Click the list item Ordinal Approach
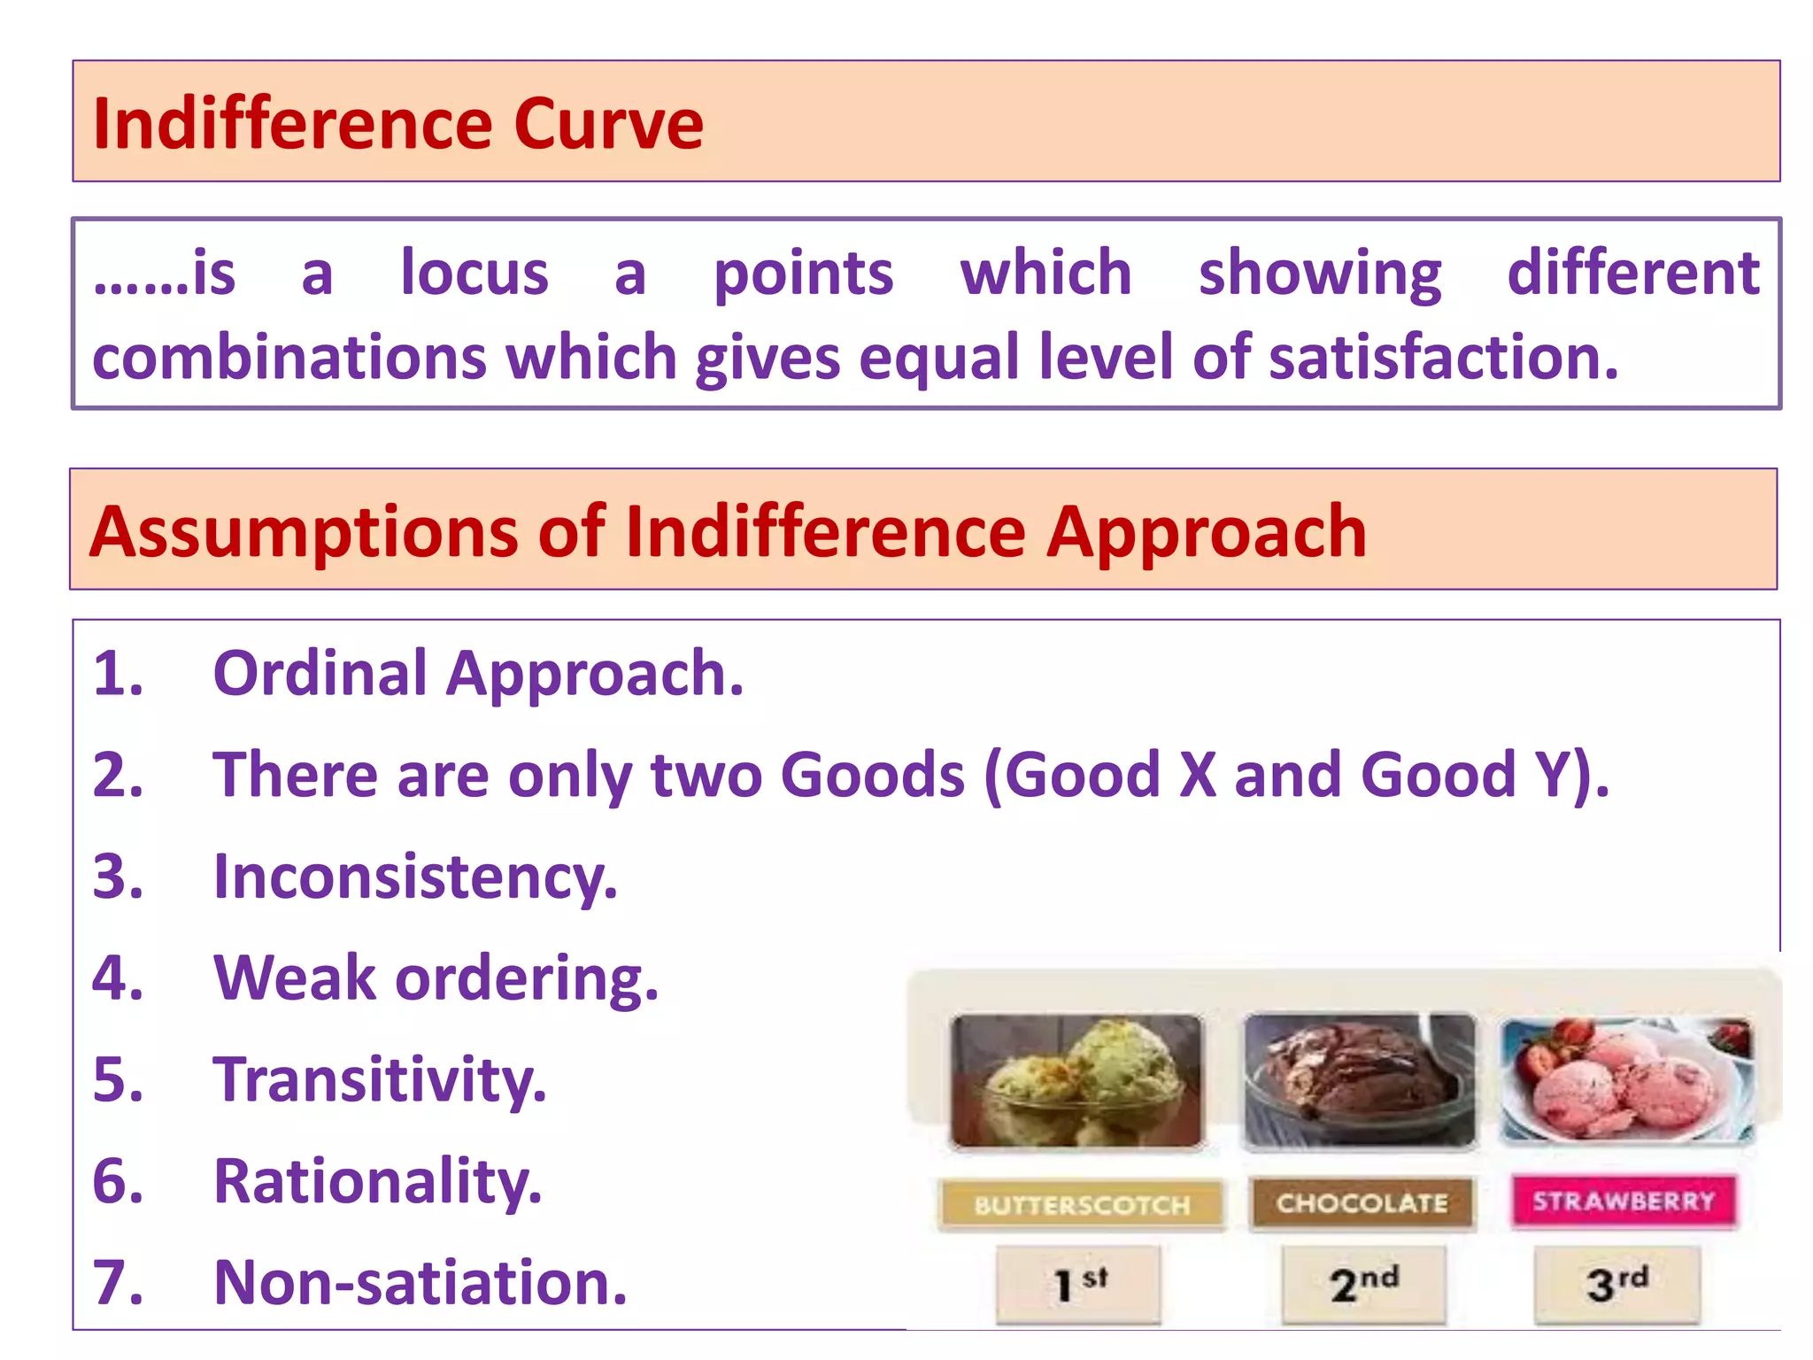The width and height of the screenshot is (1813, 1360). [478, 674]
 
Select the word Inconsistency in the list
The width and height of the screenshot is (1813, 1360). [415, 877]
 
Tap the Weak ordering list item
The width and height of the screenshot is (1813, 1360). [436, 978]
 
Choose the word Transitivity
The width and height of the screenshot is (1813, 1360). [380, 1079]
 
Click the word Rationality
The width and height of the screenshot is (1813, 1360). [377, 1181]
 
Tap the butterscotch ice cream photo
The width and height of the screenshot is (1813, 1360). [1076, 1082]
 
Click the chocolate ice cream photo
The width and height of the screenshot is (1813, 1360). [1360, 1082]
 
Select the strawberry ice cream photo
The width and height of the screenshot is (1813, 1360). [1627, 1080]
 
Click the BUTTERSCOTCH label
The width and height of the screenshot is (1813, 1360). [1082, 1205]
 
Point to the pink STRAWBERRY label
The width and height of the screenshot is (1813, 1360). [1624, 1201]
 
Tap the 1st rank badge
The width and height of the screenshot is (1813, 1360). [1078, 1284]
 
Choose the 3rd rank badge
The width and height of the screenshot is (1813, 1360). [1617, 1284]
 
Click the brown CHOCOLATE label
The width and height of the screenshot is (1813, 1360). [1362, 1203]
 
